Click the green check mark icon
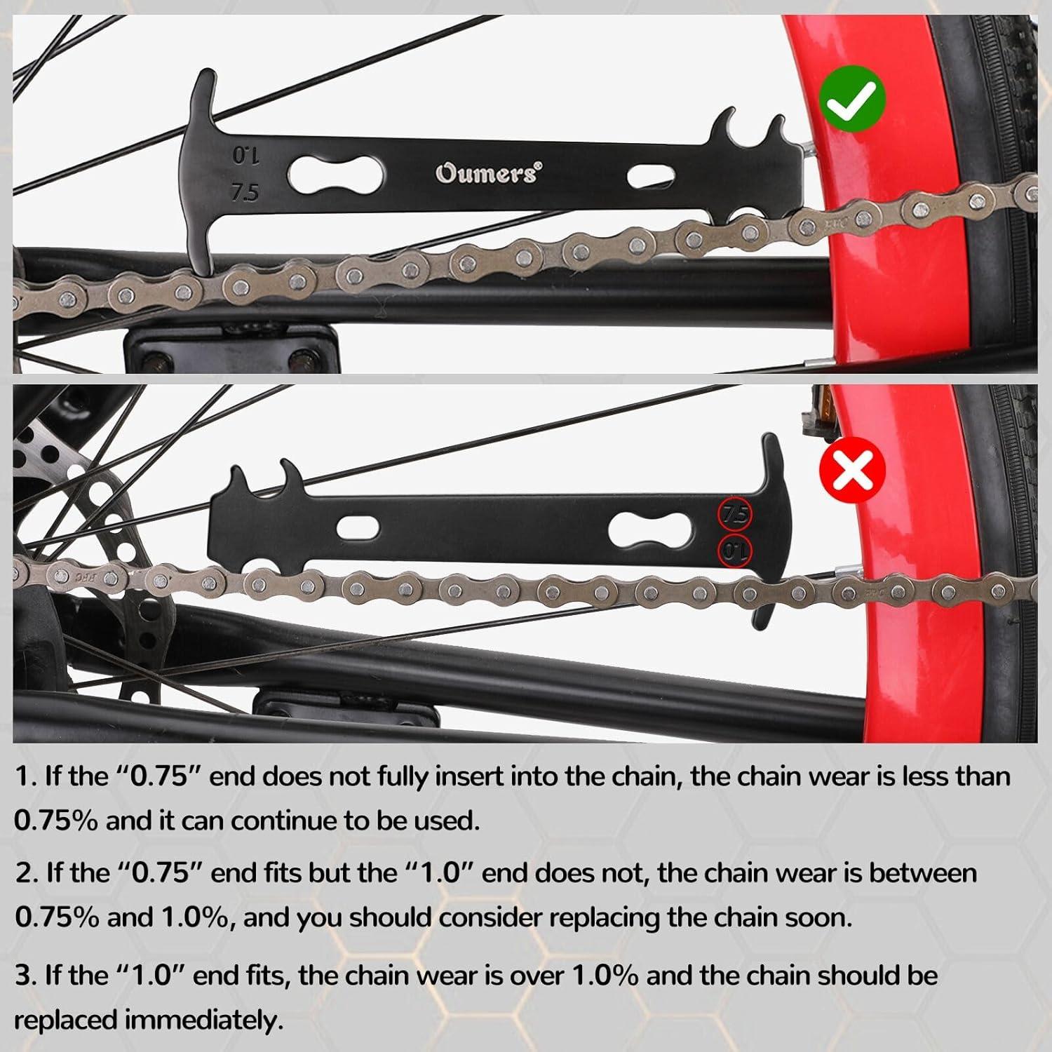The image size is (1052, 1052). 851,100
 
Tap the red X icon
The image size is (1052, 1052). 852,470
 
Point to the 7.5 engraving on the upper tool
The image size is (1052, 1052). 245,192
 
